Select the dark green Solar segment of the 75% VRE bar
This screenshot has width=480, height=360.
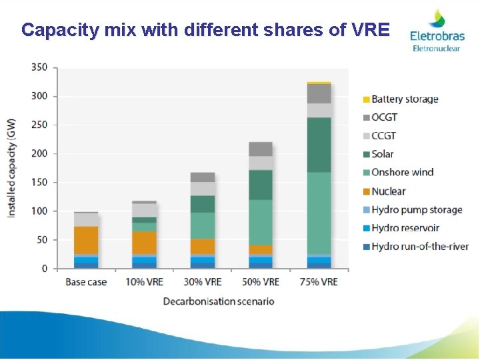coord(319,145)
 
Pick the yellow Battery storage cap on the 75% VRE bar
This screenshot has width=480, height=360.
coord(319,83)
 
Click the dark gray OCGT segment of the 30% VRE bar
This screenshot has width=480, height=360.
coord(203,177)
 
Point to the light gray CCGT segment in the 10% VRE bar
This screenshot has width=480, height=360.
coord(144,210)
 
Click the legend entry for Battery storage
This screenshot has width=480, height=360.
coord(405,99)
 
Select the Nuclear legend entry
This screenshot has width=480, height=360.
coord(388,191)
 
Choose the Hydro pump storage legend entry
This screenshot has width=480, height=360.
coord(417,210)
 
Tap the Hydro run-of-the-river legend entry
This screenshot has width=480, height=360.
coord(419,247)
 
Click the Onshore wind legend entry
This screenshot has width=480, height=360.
coord(402,173)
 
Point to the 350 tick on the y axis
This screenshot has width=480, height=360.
coord(39,67)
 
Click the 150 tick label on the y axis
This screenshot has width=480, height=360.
coord(39,183)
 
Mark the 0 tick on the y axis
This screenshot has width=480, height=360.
coord(45,269)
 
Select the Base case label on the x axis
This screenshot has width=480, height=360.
coord(86,282)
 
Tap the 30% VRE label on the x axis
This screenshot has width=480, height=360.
coord(203,282)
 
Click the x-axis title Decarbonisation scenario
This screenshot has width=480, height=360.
coord(219,301)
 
